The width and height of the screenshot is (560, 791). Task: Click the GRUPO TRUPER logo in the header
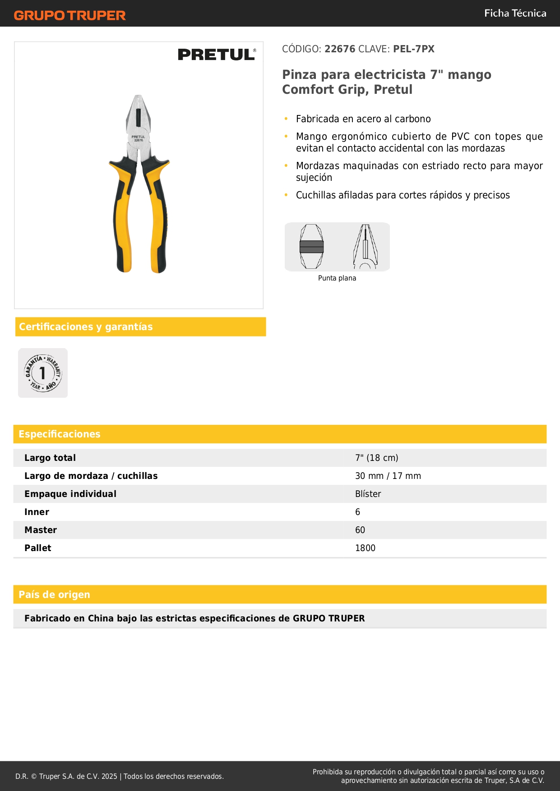click(69, 15)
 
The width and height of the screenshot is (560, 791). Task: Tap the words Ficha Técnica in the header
click(515, 14)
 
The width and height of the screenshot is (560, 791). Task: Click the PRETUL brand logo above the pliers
click(217, 55)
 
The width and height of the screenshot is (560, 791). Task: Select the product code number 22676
click(340, 49)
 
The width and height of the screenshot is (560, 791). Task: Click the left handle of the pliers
click(122, 216)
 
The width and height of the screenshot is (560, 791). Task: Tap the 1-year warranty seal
click(43, 373)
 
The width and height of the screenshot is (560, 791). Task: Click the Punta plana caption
click(337, 278)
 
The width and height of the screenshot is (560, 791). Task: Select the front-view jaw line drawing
click(311, 247)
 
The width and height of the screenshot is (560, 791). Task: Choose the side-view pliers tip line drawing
click(365, 247)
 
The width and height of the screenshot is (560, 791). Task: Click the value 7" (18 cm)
click(377, 458)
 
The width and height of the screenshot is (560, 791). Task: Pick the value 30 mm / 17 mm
click(388, 476)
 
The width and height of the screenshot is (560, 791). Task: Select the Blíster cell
click(368, 494)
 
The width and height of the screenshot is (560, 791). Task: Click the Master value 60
click(360, 530)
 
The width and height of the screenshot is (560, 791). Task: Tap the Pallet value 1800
click(365, 548)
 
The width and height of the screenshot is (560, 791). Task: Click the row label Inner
click(37, 512)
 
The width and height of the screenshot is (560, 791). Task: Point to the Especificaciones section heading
click(60, 434)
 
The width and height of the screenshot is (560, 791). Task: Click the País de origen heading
click(55, 594)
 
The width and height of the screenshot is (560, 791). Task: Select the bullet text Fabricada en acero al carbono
click(363, 119)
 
